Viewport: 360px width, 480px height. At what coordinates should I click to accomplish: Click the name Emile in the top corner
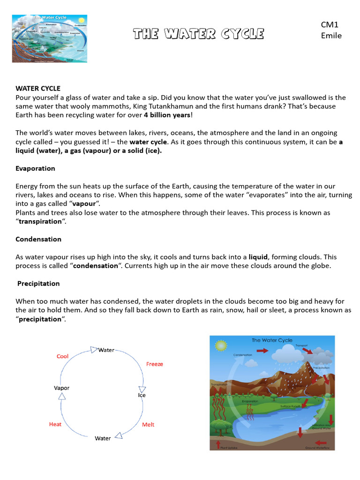(331, 36)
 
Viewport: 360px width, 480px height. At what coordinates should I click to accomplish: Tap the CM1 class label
(330, 24)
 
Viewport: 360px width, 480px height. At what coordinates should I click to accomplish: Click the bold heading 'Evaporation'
(35, 168)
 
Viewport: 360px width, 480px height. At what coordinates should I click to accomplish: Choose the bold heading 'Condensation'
(38, 239)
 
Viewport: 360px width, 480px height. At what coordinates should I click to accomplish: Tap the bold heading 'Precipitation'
(38, 284)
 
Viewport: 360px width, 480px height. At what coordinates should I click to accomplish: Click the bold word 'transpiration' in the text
(40, 221)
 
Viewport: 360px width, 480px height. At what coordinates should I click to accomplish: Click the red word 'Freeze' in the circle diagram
(154, 364)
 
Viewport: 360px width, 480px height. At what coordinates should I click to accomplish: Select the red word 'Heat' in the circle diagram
(55, 424)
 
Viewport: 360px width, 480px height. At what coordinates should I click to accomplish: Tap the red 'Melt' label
(148, 424)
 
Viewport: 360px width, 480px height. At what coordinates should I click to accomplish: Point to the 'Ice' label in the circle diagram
(142, 395)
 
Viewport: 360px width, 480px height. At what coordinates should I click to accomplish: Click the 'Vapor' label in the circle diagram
(62, 388)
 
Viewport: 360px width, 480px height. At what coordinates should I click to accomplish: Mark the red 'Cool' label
(62, 356)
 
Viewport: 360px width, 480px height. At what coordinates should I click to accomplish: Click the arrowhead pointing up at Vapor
(62, 397)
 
